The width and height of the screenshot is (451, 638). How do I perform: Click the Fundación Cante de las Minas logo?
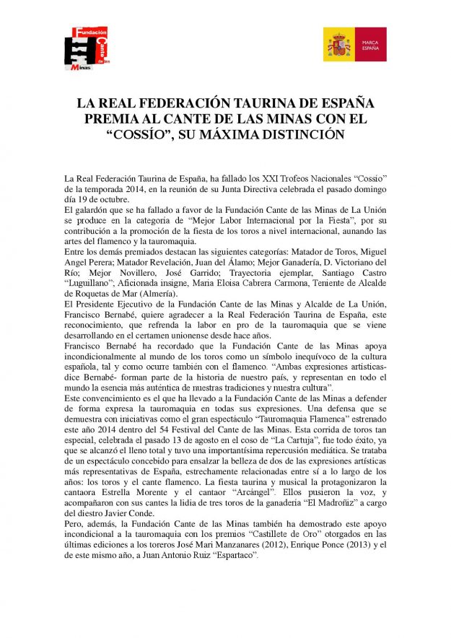90,48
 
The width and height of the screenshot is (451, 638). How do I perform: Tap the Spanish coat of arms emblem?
338,45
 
